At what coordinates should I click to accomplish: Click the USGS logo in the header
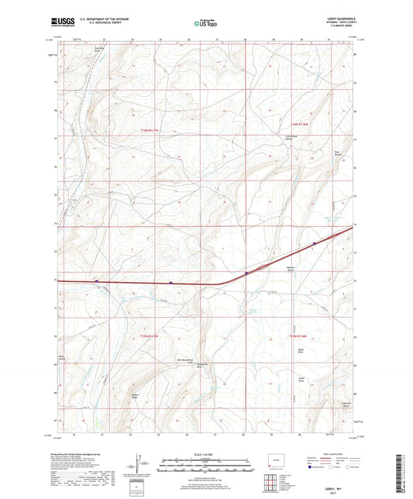point(64,22)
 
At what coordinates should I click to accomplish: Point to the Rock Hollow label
point(337,152)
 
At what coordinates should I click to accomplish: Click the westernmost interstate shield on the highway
point(96,280)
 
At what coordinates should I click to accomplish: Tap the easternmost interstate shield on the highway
point(315,244)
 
